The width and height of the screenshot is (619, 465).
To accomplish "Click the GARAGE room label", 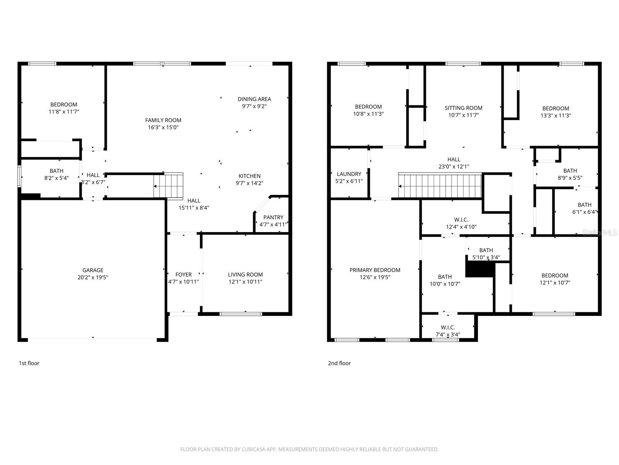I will coord(93,270).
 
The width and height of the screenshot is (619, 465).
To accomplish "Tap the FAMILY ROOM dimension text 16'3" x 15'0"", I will coord(163,127).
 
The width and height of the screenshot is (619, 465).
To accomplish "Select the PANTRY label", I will coord(273,217).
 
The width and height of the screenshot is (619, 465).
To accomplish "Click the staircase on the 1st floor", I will coord(168,186).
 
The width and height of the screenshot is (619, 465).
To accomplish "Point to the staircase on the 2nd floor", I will coord(440,186).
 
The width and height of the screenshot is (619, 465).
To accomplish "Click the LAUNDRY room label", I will coord(349,174).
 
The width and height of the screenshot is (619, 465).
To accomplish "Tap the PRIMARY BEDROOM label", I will coord(374,270).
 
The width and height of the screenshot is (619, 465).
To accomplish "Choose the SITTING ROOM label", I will coord(463,108).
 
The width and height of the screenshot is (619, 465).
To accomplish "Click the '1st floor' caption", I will coord(29,363).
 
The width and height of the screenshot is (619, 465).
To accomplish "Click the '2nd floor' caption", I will coord(339,363).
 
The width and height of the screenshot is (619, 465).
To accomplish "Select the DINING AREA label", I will coord(254,99).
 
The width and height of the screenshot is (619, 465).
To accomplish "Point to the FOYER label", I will coord(183,275).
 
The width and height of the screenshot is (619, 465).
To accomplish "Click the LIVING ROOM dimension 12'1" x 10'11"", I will coord(245,282).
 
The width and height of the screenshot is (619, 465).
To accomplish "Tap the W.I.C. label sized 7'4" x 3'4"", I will coord(448,327).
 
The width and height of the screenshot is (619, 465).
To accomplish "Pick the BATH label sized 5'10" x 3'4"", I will coord(486,250).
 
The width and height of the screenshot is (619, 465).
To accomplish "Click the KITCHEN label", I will coord(249,176).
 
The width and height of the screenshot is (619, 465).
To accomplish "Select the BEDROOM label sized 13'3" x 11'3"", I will coord(556,108).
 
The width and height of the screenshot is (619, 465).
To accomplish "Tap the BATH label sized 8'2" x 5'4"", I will coord(56,171).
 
